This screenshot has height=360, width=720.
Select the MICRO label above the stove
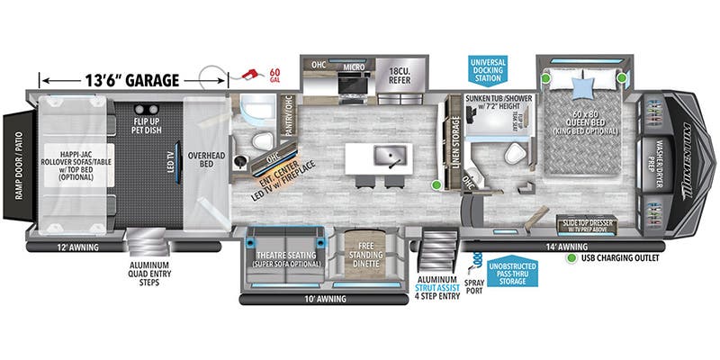click(354, 65)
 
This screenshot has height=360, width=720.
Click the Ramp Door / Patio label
click(13, 172)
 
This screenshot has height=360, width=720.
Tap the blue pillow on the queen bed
click(580, 87)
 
